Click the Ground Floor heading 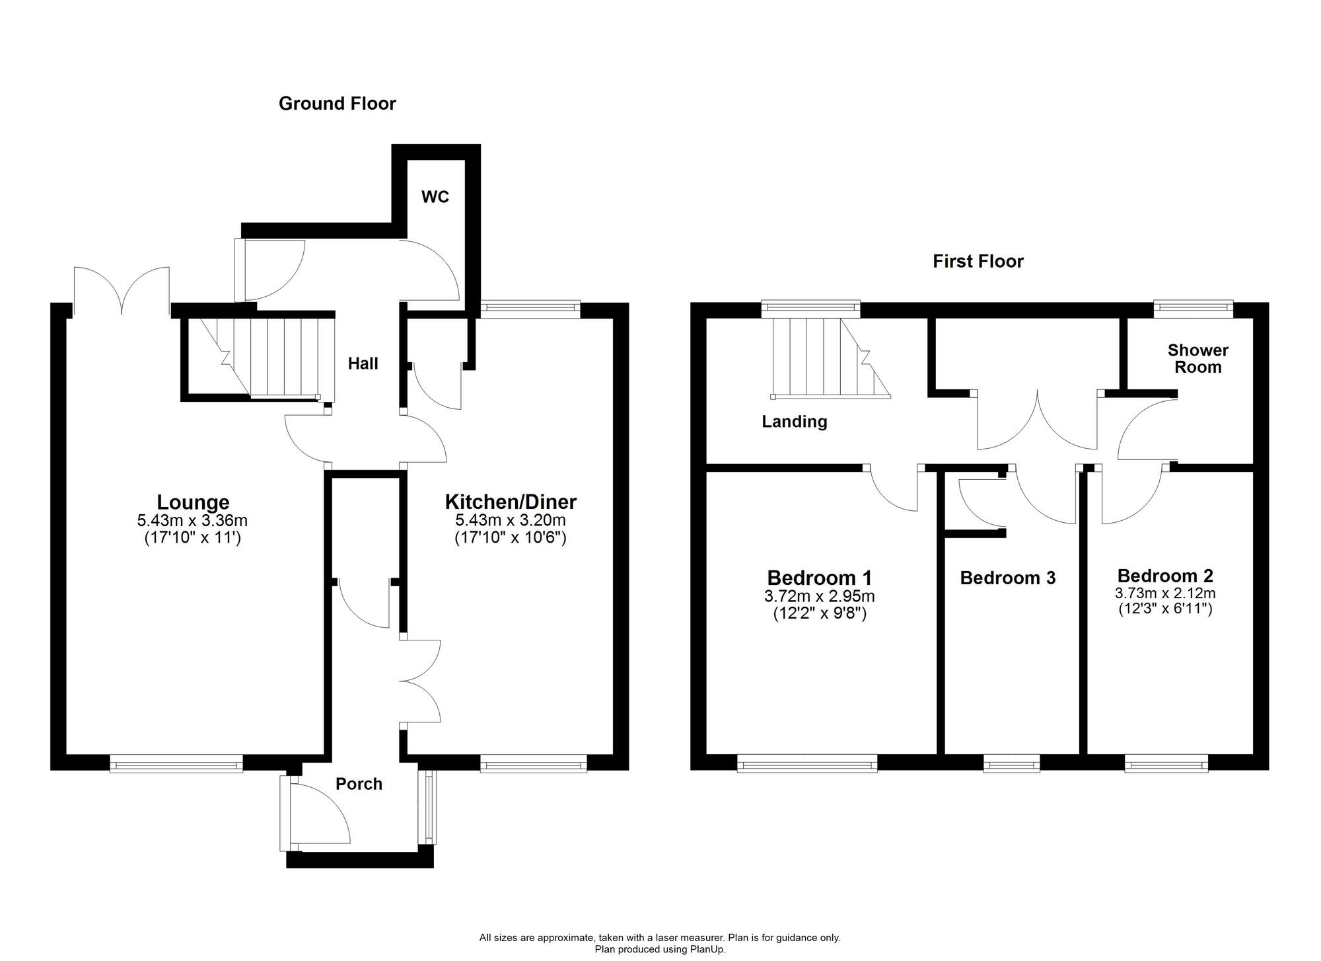(337, 104)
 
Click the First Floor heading (978, 262)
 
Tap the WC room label (435, 197)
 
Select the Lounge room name (193, 502)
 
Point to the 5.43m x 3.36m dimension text (192, 521)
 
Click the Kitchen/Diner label (511, 502)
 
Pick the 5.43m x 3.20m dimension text (511, 521)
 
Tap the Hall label (363, 364)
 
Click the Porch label (359, 785)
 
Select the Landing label (794, 422)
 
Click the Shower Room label (1197, 359)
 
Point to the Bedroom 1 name (819, 578)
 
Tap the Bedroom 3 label (1007, 578)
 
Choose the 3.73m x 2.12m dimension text (1165, 594)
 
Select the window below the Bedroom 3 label (1011, 765)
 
